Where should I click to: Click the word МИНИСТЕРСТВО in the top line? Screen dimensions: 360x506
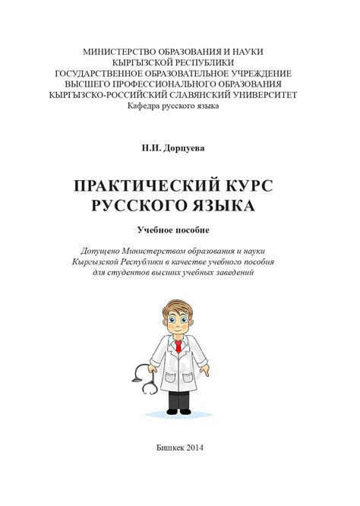[125, 52]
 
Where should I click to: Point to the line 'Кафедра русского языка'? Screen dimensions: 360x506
[172, 106]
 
